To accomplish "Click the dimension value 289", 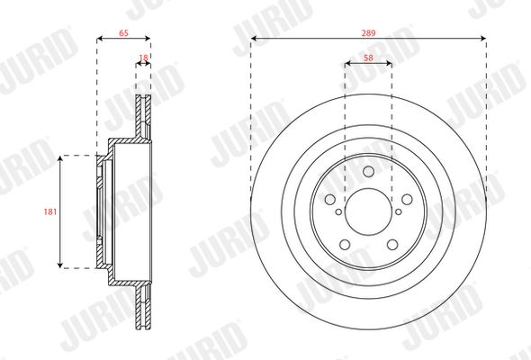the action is click(368, 33).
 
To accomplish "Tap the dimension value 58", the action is click(368, 58).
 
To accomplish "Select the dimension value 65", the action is click(123, 33).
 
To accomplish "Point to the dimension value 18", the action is click(144, 58).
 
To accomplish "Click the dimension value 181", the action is click(50, 212).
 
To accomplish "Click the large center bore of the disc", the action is click(368, 211).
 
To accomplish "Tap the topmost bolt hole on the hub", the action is click(368, 172).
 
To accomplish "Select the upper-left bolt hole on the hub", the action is click(329, 200).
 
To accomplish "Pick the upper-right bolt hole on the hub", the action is click(407, 200).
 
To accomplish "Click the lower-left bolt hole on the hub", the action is click(345, 245).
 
